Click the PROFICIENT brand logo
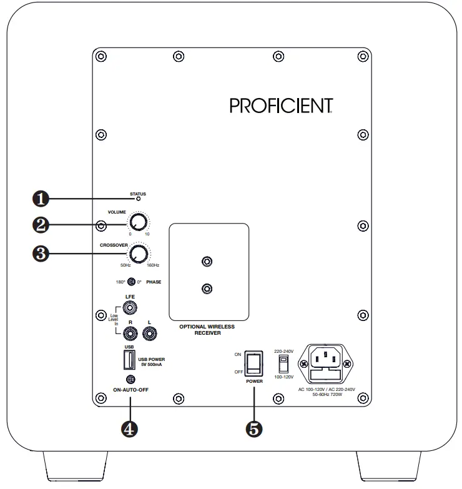(280, 106)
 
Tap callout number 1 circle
(41, 199)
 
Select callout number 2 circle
(41, 223)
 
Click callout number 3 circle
(41, 253)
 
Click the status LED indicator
(139, 199)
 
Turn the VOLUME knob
(138, 223)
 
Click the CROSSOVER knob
(139, 253)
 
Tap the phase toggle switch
(132, 282)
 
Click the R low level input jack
(130, 334)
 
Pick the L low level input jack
(150, 334)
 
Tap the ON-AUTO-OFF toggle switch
(130, 379)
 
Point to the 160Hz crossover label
(154, 266)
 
